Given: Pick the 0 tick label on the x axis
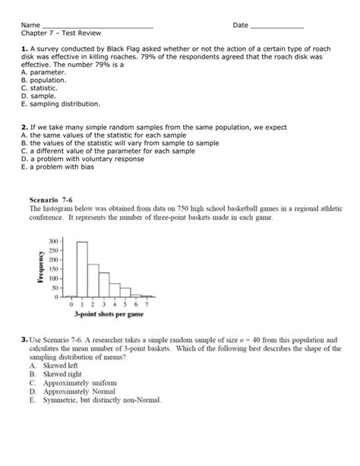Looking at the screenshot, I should pos(71,304).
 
